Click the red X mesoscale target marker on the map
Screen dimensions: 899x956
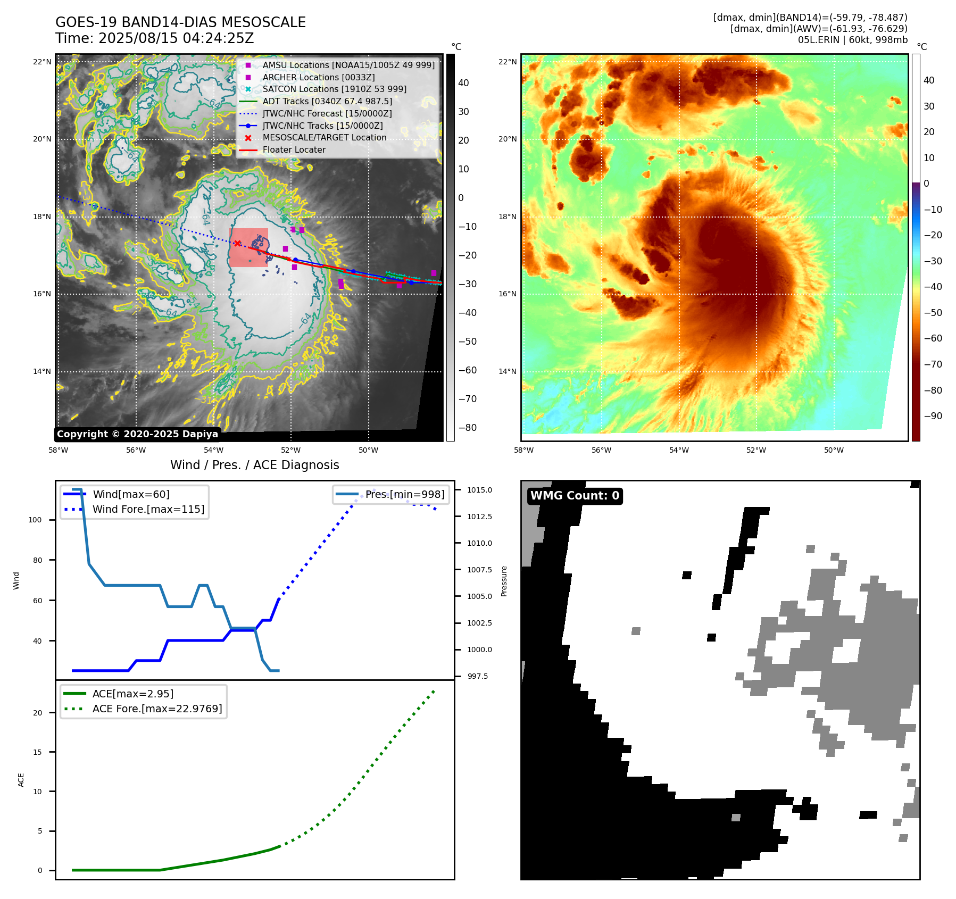237,243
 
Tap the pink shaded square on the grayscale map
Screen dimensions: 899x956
248,248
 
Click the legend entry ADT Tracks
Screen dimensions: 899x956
327,101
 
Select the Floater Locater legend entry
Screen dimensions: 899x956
294,149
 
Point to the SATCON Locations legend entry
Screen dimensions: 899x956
334,89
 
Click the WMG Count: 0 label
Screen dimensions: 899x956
575,496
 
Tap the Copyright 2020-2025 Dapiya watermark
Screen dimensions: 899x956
137,434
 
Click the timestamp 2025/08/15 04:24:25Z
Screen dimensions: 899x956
176,38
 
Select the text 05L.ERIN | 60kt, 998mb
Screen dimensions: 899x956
852,39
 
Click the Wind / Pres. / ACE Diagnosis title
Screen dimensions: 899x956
254,465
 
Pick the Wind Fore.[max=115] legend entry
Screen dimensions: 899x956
148,509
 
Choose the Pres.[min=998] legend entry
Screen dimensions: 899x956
404,494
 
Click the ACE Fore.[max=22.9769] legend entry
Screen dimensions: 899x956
157,709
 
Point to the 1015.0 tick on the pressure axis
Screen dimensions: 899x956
479,490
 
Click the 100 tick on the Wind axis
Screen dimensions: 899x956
35,520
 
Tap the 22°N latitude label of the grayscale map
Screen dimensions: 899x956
42,62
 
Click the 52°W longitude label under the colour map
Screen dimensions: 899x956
756,450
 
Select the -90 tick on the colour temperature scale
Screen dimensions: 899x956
933,416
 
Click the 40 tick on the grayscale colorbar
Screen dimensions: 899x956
463,83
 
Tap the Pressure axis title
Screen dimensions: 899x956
504,581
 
